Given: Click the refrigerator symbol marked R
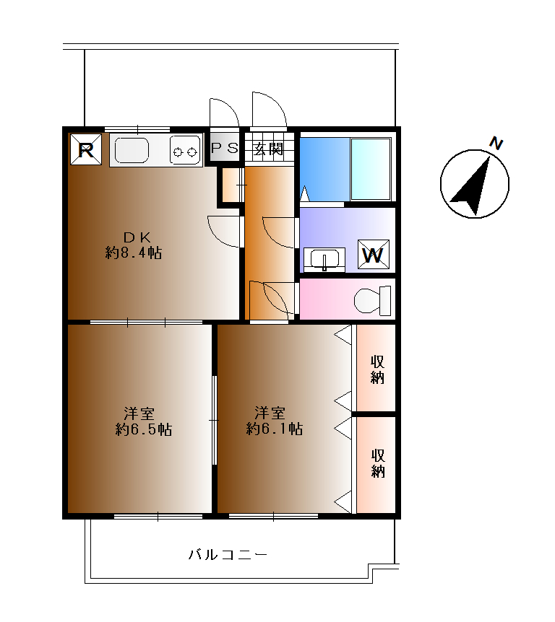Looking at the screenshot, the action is tap(86, 149).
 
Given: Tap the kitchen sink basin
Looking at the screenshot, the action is tap(132, 150).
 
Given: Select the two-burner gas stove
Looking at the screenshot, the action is tap(185, 150).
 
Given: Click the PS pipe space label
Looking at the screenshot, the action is tap(225, 149).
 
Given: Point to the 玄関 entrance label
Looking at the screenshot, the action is tap(269, 149).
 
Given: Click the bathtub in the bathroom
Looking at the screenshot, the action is tap(371, 169).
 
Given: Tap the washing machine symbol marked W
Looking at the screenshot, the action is tap(373, 254).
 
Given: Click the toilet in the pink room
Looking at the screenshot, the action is tap(372, 300).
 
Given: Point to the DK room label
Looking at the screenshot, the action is tap(137, 237).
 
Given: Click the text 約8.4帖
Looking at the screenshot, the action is tap(134, 253).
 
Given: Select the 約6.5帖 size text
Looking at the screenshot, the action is tap(143, 429).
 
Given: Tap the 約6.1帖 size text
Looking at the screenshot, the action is tap(275, 429).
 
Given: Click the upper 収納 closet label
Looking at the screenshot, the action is tap(377, 369).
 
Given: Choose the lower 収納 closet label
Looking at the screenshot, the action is tap(378, 463).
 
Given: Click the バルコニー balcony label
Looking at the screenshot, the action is tap(228, 554).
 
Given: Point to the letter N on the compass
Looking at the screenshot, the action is tap(496, 143).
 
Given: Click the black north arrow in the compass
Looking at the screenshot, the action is tap(472, 185).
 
